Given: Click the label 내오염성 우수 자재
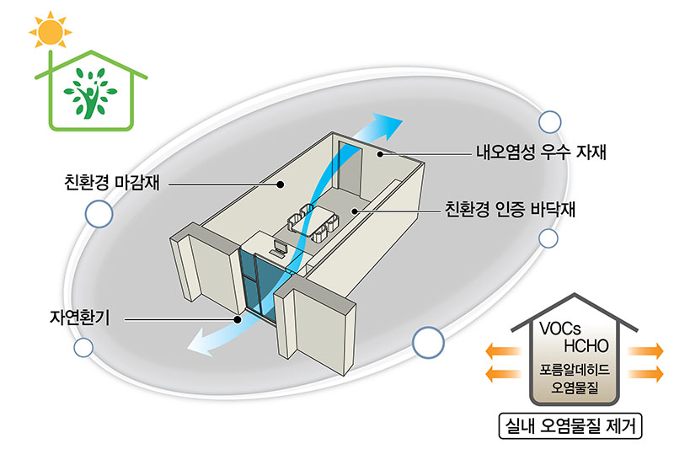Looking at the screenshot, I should tap(542, 153).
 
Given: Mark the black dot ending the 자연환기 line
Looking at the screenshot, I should tap(238, 320).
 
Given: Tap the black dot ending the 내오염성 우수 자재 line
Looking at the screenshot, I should tap(381, 154).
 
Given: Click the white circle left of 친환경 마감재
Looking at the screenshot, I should tap(99, 214).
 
